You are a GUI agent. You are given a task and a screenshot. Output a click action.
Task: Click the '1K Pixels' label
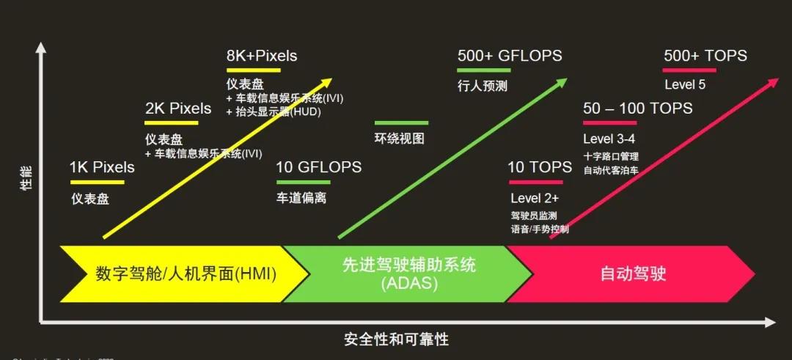click(x=102, y=167)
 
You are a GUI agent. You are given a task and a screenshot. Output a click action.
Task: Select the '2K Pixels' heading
click(x=178, y=109)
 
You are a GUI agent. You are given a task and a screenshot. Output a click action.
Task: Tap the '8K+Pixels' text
click(x=262, y=56)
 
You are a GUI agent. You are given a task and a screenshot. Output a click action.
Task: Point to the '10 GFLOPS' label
click(x=319, y=167)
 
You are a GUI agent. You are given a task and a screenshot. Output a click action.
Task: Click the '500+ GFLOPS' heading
click(x=510, y=56)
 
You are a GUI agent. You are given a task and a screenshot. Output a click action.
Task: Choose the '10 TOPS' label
click(x=540, y=167)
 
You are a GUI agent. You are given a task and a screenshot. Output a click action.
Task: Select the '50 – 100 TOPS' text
click(x=638, y=109)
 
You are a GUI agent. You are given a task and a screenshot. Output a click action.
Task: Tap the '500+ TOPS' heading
click(x=705, y=56)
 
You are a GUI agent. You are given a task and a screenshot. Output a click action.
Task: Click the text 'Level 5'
click(x=685, y=85)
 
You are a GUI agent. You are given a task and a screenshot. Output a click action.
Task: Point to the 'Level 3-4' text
click(x=609, y=139)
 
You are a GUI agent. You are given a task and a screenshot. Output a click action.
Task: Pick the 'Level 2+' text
click(x=535, y=198)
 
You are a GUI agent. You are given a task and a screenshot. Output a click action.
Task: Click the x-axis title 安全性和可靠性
click(x=396, y=339)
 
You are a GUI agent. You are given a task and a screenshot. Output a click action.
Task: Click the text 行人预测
click(x=483, y=86)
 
